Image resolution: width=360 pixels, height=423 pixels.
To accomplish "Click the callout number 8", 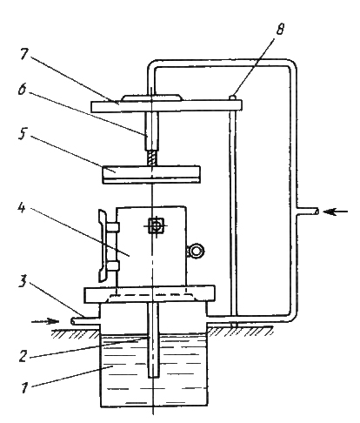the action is (x=280, y=29).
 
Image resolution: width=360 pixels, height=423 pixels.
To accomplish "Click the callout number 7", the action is (x=25, y=54).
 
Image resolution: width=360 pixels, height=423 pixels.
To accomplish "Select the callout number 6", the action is (x=23, y=89).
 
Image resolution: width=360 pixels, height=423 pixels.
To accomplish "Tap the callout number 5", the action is (x=23, y=133).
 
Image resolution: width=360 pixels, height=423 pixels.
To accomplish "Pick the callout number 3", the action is (x=23, y=281).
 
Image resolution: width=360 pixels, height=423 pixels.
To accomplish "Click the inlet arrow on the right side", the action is (x=335, y=211).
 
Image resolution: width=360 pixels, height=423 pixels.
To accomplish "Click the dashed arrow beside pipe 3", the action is (x=45, y=321).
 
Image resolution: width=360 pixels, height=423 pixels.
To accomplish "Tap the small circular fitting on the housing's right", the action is (x=197, y=251).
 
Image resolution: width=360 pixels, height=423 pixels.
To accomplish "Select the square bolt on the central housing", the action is (x=156, y=225).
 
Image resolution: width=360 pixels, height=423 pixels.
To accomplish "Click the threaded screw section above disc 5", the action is (x=152, y=158).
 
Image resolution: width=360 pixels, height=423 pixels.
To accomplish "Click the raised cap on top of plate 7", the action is (x=152, y=98).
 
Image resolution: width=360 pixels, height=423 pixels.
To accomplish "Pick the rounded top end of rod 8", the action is (x=233, y=97).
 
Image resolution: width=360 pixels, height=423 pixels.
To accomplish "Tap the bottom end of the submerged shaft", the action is (x=154, y=377).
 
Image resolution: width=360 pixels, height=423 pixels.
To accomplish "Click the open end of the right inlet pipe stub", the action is (x=317, y=211).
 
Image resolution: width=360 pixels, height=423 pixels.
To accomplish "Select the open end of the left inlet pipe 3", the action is (x=72, y=321).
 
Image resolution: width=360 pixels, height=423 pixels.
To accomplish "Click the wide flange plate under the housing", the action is (x=150, y=294).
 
